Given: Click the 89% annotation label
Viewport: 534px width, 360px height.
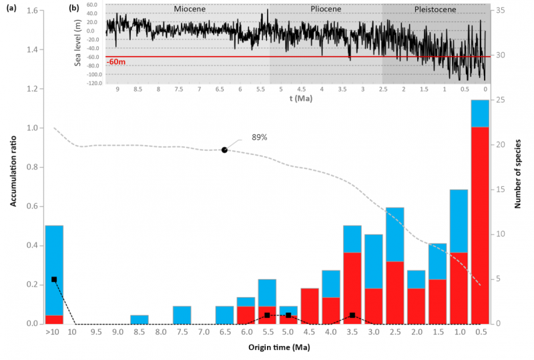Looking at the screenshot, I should [259, 137].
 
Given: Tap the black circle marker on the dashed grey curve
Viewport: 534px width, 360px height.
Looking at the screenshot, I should [225, 150].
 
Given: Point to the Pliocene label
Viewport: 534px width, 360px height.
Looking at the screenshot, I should [326, 10].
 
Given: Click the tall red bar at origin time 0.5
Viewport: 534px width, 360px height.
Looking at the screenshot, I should [480, 225].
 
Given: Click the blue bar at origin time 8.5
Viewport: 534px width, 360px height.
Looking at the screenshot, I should [140, 319].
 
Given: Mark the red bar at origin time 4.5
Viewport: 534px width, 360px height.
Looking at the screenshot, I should [310, 306].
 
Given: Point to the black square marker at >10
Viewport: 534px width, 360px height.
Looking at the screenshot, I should [54, 279].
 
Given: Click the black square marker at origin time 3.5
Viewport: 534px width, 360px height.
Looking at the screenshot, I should [352, 315].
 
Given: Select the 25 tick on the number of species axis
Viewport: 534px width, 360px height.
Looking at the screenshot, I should [499, 100].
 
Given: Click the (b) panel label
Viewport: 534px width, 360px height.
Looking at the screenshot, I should [74, 9].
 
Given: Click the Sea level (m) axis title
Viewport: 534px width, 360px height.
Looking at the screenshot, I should [78, 43].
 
